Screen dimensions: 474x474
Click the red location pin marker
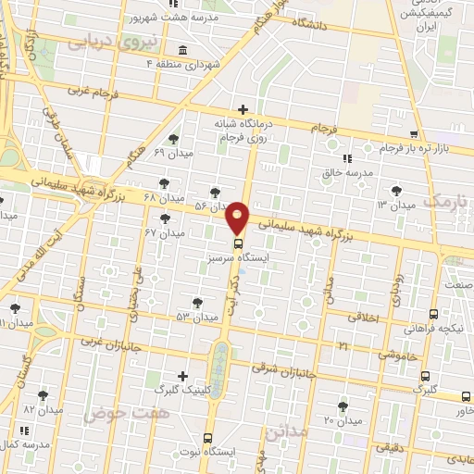point(238,217)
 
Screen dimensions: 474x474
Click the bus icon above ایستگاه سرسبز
point(238,244)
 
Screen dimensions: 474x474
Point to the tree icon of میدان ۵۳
point(197,302)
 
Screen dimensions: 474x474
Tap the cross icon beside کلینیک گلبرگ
point(182,376)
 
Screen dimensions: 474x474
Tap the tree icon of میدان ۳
point(396,190)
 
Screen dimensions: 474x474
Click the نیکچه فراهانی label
point(434,328)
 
